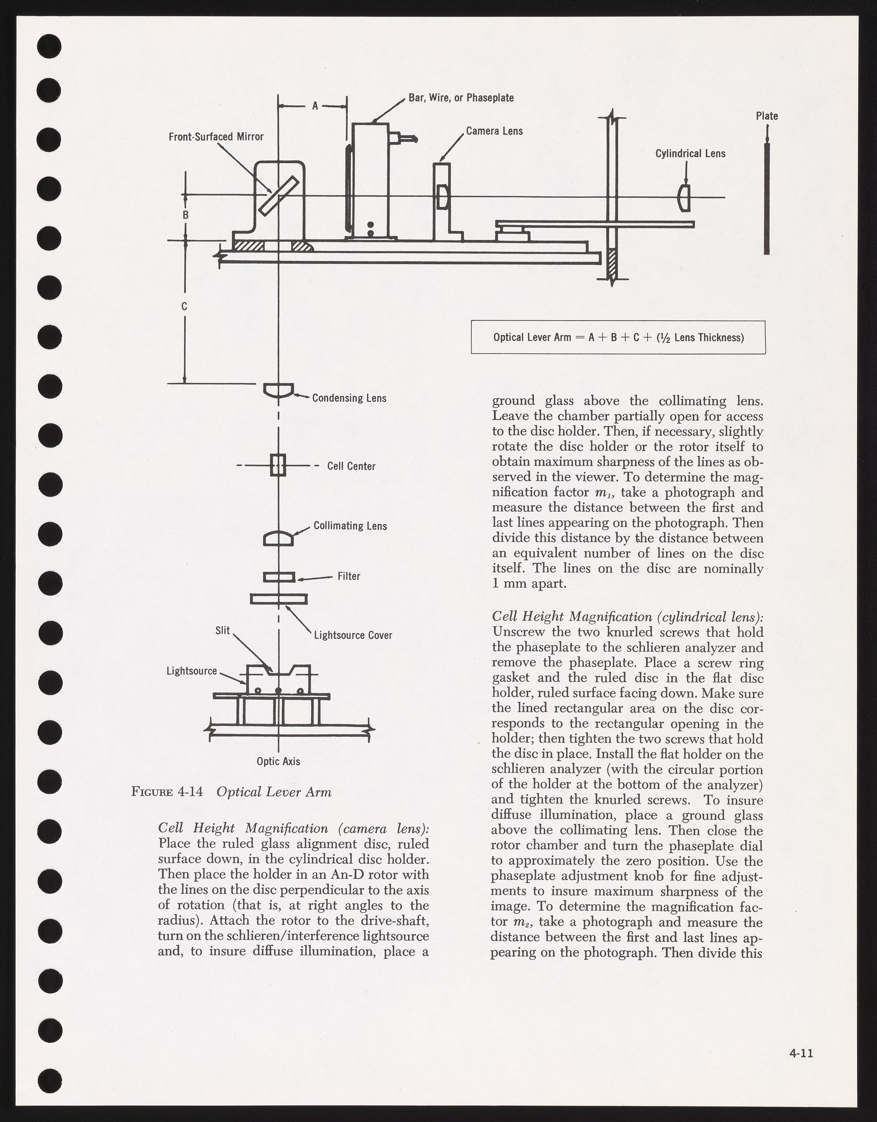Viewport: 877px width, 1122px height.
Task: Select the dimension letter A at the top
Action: point(316,106)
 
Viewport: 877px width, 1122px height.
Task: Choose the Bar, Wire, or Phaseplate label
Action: point(461,98)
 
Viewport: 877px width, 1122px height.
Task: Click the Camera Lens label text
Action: point(494,131)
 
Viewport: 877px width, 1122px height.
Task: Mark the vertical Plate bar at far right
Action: point(767,198)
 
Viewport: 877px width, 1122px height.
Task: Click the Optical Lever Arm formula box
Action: point(618,337)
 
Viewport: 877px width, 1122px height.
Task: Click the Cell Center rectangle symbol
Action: point(278,465)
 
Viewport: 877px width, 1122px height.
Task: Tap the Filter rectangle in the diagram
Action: point(279,577)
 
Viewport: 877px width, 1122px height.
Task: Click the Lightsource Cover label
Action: point(353,635)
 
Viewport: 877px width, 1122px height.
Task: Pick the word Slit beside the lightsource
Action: point(222,630)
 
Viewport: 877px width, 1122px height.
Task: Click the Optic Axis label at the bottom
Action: point(278,761)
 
